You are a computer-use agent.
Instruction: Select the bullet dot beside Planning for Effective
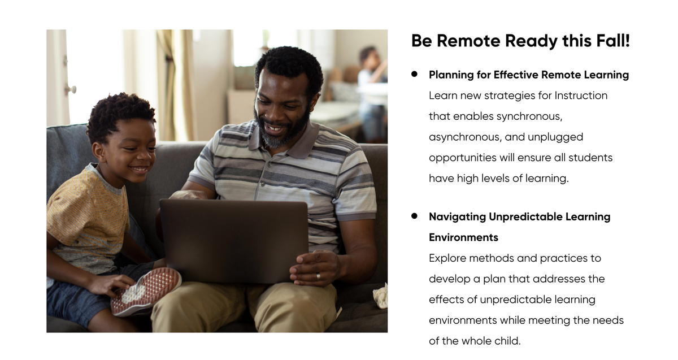(414, 74)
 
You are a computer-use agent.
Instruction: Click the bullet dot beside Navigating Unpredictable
(414, 216)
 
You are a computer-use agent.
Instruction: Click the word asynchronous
(468, 137)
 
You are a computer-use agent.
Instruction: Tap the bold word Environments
(463, 237)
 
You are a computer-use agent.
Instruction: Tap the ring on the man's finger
(318, 276)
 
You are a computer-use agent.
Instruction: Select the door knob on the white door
(71, 89)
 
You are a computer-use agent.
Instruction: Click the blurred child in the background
(372, 90)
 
